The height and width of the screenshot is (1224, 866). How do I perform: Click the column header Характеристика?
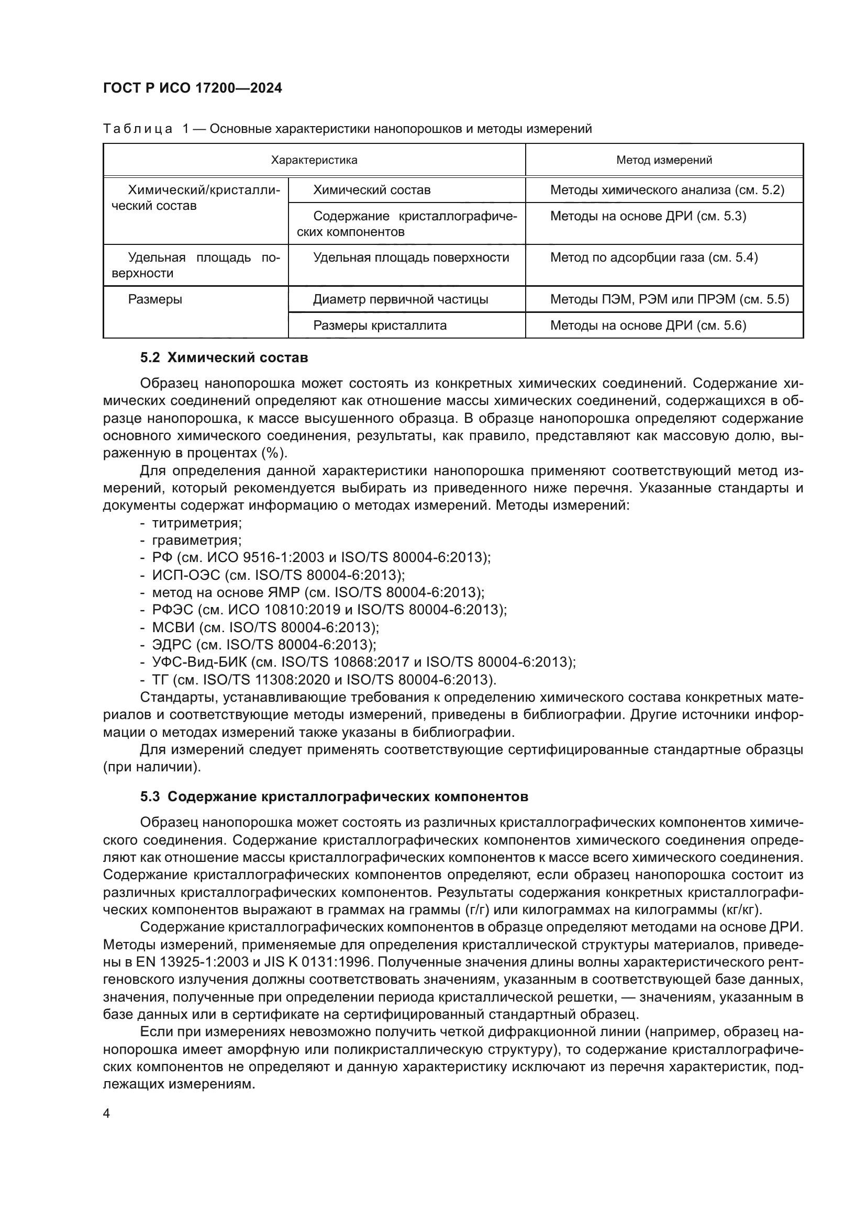coord(314,160)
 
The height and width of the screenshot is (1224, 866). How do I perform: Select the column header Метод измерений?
coord(664,160)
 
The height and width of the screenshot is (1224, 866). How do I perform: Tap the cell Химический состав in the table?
coord(372,190)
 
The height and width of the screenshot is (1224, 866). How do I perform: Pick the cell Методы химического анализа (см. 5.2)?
coord(667,190)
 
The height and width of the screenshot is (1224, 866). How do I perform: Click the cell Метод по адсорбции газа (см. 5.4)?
coord(654,258)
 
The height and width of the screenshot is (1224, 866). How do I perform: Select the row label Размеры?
coord(155,300)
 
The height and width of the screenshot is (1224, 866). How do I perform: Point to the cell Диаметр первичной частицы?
coord(401,300)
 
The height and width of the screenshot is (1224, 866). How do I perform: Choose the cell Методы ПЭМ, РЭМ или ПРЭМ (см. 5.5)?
coord(669,300)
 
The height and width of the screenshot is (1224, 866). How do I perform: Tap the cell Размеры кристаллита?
coord(380,325)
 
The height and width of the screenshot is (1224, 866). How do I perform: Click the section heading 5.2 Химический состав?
coord(224,358)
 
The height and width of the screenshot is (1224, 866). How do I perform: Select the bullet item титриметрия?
coord(197,523)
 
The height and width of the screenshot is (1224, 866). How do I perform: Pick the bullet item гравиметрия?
coord(197,541)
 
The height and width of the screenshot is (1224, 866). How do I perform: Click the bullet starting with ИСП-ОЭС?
coord(278,575)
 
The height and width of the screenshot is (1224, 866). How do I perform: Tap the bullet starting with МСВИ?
coord(265,627)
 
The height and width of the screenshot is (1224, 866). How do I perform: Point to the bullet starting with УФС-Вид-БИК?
coord(363,662)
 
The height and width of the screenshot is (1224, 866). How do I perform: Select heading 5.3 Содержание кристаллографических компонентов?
coord(335,812)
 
